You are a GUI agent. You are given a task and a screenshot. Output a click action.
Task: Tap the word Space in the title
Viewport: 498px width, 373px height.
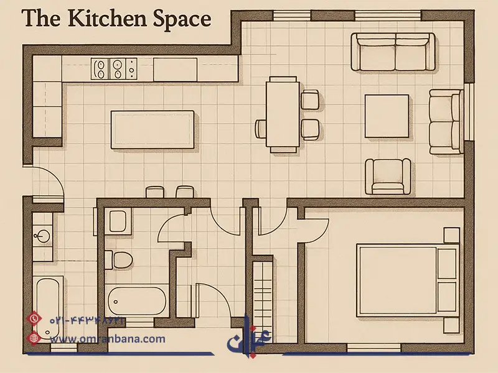[182, 20]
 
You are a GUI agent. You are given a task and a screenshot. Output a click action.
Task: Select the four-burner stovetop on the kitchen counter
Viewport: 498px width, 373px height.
[114, 68]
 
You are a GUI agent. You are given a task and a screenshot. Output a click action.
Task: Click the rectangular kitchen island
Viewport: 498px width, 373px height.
[153, 129]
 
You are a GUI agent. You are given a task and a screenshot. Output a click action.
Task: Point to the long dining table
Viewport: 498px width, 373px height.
[283, 114]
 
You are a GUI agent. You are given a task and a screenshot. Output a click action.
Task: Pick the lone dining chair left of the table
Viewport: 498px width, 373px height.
[261, 129]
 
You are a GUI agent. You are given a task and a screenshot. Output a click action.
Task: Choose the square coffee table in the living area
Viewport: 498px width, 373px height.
[387, 116]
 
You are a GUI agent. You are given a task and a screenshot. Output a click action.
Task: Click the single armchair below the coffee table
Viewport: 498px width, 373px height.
[388, 177]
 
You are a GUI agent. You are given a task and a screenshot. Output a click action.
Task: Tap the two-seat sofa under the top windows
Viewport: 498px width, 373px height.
[393, 52]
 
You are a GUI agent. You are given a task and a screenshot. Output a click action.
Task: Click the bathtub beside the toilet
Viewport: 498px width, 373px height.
[137, 301]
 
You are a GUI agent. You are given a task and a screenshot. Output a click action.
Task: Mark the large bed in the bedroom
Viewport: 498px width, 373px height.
[408, 280]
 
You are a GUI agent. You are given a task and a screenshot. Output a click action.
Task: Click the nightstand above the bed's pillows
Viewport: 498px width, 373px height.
[452, 235]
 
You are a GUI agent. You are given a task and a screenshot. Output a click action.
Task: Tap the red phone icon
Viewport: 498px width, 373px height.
[34, 318]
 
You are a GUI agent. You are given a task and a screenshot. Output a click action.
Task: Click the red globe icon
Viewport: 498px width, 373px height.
[34, 338]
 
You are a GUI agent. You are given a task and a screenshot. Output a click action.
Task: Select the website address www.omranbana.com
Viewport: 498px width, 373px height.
[108, 339]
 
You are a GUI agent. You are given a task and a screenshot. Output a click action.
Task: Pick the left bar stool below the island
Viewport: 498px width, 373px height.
[154, 192]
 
